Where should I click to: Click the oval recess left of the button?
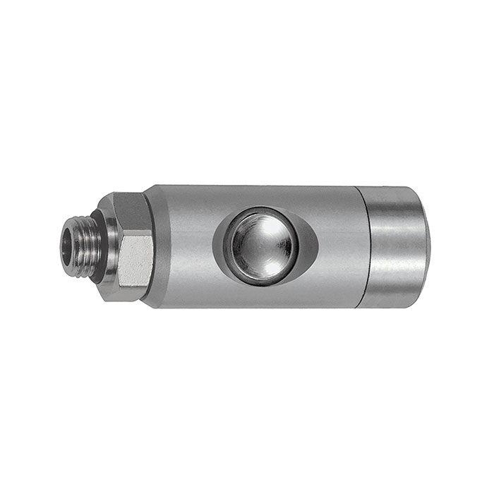222,247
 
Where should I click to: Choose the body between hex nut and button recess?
183,247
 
